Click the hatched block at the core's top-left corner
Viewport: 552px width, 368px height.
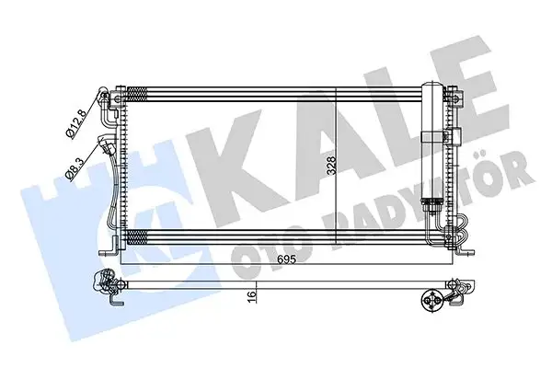pyautogui.click(x=138, y=94)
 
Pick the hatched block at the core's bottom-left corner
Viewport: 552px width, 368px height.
pyautogui.click(x=138, y=236)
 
